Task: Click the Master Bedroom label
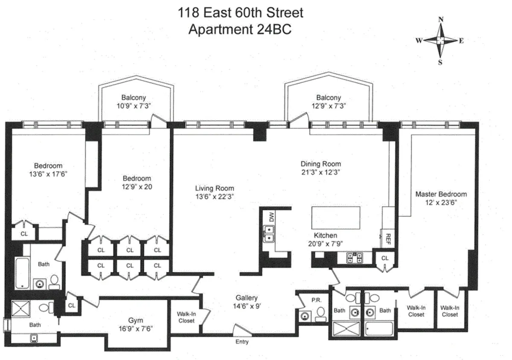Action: click(441, 194)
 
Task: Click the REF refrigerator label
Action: click(388, 237)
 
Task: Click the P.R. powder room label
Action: click(316, 300)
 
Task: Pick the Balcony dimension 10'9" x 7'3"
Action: click(135, 107)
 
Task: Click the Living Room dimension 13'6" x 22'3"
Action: click(215, 197)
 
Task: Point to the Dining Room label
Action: click(320, 164)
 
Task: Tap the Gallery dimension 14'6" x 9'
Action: click(246, 306)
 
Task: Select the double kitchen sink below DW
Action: click(269, 234)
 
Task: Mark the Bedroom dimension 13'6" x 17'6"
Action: click(48, 174)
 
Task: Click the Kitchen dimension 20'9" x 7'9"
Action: click(326, 244)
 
